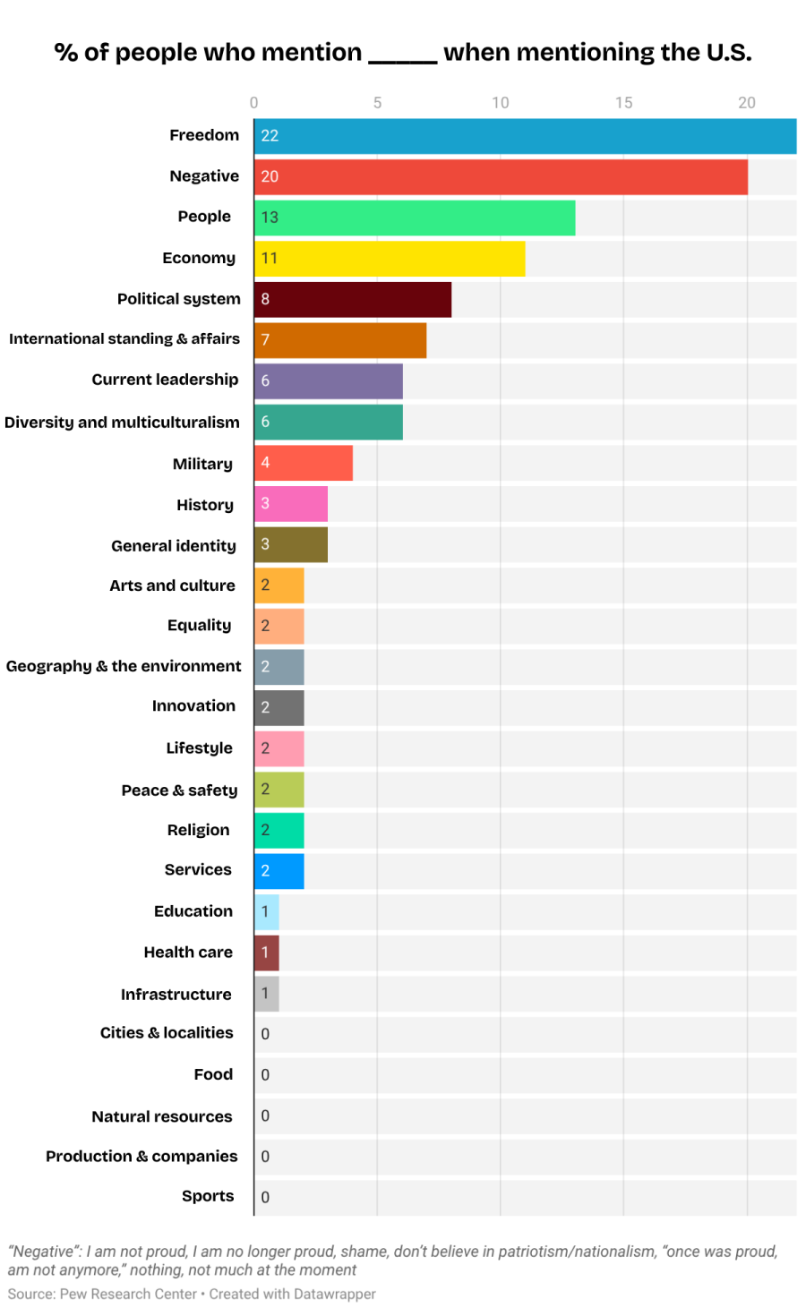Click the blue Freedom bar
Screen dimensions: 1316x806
click(525, 135)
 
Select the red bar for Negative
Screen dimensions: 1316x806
click(501, 176)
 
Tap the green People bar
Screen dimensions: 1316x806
click(415, 218)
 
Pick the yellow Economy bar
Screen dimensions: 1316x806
click(390, 258)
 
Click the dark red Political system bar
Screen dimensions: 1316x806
click(353, 299)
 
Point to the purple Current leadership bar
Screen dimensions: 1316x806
click(329, 380)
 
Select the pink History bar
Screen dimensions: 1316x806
click(291, 503)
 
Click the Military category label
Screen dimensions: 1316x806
click(202, 464)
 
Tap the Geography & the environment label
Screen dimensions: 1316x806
click(124, 666)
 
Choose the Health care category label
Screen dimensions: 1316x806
click(188, 953)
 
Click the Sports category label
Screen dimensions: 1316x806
click(208, 1196)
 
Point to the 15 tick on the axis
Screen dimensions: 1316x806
click(623, 103)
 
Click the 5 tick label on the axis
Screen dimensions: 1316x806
click(377, 103)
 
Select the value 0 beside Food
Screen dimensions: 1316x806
click(265, 1075)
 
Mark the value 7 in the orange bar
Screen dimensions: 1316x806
click(265, 340)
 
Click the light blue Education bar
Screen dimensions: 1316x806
click(267, 911)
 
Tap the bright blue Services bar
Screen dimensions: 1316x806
click(279, 871)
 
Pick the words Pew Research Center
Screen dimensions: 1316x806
click(127, 1295)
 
